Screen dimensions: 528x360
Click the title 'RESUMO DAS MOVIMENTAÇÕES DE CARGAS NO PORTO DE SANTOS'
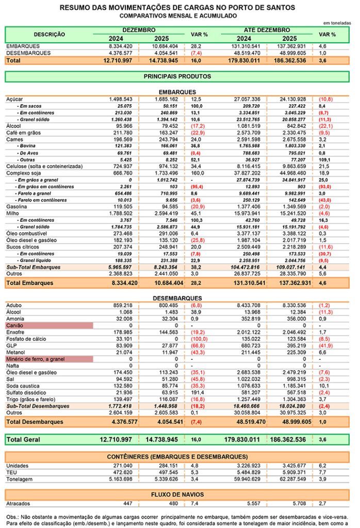177,8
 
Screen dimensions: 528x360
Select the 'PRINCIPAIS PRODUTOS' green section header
177,76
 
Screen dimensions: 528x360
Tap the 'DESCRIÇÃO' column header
49,34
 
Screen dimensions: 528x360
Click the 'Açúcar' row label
14,98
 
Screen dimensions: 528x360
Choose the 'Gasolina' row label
17,206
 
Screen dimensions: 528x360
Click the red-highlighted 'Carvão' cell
49,325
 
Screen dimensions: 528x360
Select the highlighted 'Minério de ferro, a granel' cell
49,358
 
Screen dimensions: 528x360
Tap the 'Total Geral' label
25,440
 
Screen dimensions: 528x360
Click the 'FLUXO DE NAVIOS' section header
177,494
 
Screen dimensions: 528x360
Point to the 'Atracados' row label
18,503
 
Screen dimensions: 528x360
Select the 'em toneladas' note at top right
337,23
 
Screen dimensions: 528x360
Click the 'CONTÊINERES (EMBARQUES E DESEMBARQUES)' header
177,456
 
